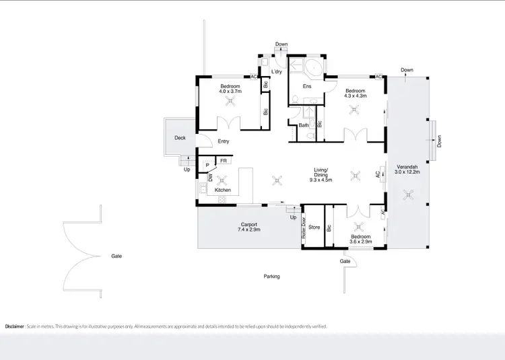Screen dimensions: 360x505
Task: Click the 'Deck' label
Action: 180,138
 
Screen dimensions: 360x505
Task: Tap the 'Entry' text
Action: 224,141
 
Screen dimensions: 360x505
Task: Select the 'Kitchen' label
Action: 223,190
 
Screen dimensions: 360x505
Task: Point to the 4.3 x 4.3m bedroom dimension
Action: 355,96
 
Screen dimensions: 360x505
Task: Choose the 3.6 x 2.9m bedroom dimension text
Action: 360,243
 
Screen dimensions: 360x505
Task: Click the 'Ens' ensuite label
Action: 307,86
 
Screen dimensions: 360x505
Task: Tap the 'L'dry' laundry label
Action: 276,71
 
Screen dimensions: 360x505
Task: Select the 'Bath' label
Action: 304,125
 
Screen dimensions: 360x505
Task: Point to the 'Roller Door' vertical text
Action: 304,229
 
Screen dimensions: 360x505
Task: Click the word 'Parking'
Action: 271,277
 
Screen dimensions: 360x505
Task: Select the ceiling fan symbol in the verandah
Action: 407,195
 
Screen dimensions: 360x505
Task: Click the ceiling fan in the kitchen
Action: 223,179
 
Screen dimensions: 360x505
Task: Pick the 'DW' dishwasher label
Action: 210,178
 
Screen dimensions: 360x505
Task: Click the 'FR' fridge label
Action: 223,161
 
